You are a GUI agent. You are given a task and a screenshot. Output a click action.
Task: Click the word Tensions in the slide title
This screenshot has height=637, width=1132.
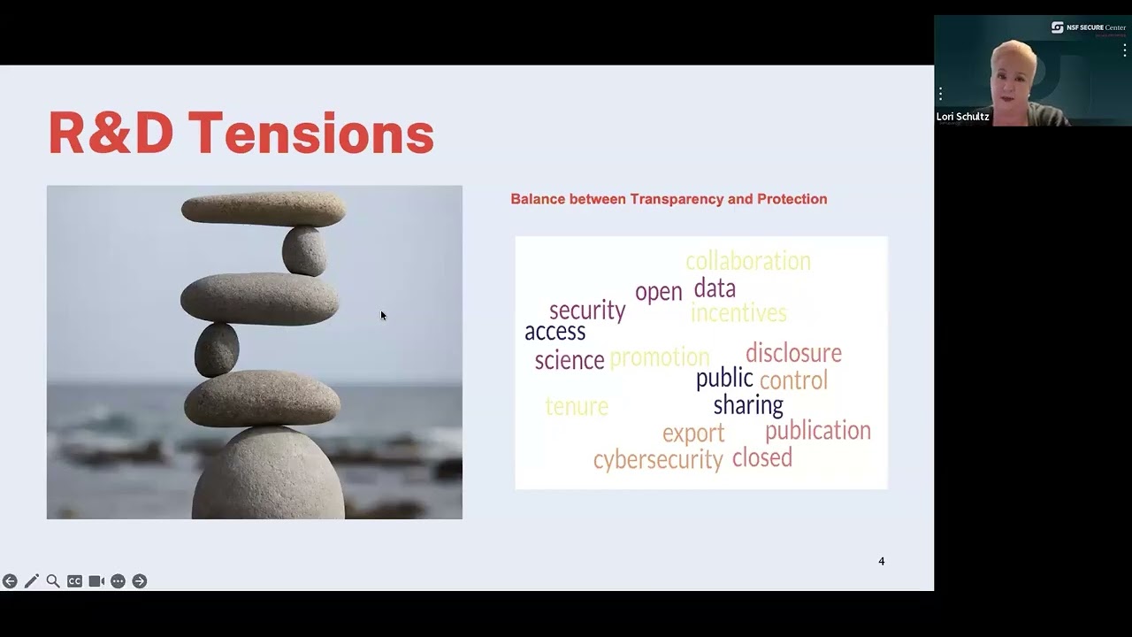[x=310, y=133]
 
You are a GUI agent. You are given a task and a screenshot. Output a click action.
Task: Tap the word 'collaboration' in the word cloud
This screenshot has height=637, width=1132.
[x=747, y=261]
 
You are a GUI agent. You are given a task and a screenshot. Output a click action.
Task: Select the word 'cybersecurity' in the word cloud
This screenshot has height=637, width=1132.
[x=657, y=459]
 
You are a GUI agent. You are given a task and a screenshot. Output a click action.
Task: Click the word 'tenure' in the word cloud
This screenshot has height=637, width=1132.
[x=577, y=406]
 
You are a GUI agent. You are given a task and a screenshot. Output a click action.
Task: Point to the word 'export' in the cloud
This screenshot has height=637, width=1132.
[x=693, y=434]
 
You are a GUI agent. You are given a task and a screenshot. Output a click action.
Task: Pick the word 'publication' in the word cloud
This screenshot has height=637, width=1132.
[x=817, y=431]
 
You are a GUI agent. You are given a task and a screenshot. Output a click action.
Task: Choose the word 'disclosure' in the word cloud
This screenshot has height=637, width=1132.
[x=793, y=353]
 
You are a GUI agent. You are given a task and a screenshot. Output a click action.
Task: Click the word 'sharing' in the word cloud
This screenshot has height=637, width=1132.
[x=748, y=405]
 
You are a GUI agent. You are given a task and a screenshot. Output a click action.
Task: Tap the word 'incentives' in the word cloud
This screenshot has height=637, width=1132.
[x=738, y=312]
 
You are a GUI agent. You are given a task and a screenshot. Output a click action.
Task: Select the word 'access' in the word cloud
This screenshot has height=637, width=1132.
[x=555, y=332]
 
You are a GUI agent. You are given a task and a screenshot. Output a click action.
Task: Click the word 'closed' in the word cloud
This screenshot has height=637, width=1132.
[x=761, y=457]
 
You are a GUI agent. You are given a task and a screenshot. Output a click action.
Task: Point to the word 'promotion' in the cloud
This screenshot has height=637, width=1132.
[x=659, y=357]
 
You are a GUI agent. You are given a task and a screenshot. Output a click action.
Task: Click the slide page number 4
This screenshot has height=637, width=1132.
[x=881, y=561]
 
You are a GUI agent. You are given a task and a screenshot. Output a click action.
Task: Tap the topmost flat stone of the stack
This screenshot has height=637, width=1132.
[x=263, y=210]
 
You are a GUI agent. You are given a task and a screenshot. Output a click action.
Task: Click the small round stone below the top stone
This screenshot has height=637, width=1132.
[x=304, y=250]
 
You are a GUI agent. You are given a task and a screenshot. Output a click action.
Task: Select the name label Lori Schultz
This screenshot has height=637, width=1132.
[x=963, y=117]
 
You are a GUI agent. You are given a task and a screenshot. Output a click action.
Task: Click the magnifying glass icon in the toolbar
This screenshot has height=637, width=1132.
[x=53, y=581]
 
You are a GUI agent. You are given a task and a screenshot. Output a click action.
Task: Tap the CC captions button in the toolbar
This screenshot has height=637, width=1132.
[x=74, y=581]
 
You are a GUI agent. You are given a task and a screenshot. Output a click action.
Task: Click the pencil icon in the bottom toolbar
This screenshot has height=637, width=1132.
[x=32, y=581]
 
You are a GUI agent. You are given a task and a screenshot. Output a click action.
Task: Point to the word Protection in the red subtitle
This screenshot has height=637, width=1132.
[x=792, y=199]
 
